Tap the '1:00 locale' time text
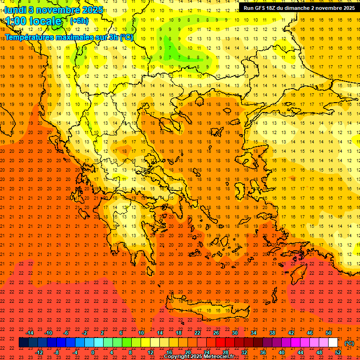coord(33,21)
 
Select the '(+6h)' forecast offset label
coord(79,21)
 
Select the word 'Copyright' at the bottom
coord(178,357)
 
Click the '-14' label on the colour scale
coord(30,333)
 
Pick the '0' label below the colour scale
coord(93,352)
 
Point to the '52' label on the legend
coord(338,352)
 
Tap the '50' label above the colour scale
coord(329,333)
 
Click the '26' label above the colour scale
coord(216,333)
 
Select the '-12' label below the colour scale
coord(39,352)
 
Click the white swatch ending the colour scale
coord(333,343)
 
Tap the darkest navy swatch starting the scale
coord(24,343)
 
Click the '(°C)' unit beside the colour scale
coord(349,343)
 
